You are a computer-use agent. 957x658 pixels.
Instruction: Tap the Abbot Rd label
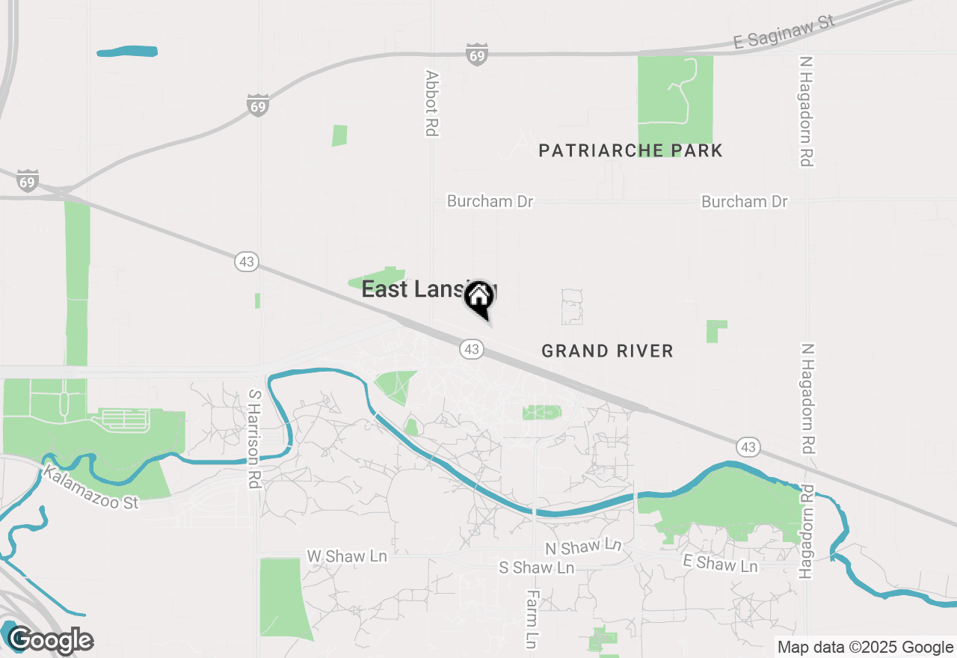pos(431,103)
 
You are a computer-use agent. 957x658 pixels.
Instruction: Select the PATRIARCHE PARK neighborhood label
pos(630,150)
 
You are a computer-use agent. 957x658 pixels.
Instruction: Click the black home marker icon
pos(478,298)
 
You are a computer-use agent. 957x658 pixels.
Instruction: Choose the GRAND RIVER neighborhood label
pos(607,351)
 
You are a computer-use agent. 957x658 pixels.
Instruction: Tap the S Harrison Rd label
pos(255,439)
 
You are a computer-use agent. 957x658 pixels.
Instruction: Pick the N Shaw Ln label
pos(583,547)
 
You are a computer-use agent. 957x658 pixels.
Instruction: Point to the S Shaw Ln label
pos(536,568)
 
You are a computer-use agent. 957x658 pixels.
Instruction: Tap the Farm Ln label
pos(532,618)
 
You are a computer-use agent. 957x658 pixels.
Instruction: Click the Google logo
pos(50,640)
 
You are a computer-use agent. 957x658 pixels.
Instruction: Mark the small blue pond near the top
pos(127,52)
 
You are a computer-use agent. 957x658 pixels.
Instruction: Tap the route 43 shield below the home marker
pos(471,349)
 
